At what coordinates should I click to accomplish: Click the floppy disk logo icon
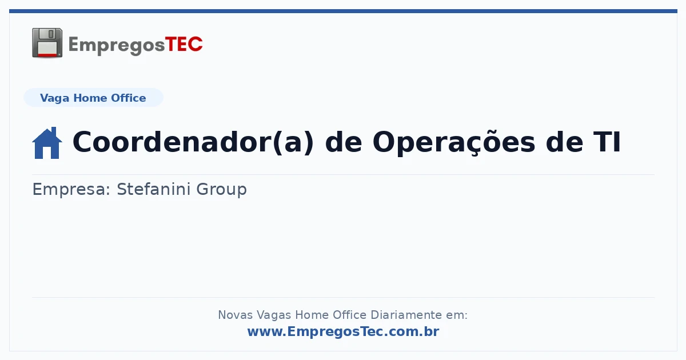pos(47,43)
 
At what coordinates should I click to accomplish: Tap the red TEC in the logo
pos(184,45)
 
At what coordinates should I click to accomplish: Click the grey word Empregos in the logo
pos(117,46)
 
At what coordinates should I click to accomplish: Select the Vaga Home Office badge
pos(93,98)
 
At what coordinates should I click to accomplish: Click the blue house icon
pos(47,143)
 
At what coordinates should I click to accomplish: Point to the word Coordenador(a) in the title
pos(193,142)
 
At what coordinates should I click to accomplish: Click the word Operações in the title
pos(454,142)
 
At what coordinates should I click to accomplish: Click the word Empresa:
pos(71,189)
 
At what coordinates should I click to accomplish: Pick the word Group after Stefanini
pos(221,190)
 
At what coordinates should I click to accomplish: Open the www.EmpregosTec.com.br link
pos(343,331)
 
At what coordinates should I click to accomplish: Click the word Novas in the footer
pos(235,315)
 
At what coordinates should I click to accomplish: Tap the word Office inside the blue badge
pos(128,98)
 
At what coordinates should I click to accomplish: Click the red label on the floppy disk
pos(47,55)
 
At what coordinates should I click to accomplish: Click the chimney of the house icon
pos(54,131)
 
